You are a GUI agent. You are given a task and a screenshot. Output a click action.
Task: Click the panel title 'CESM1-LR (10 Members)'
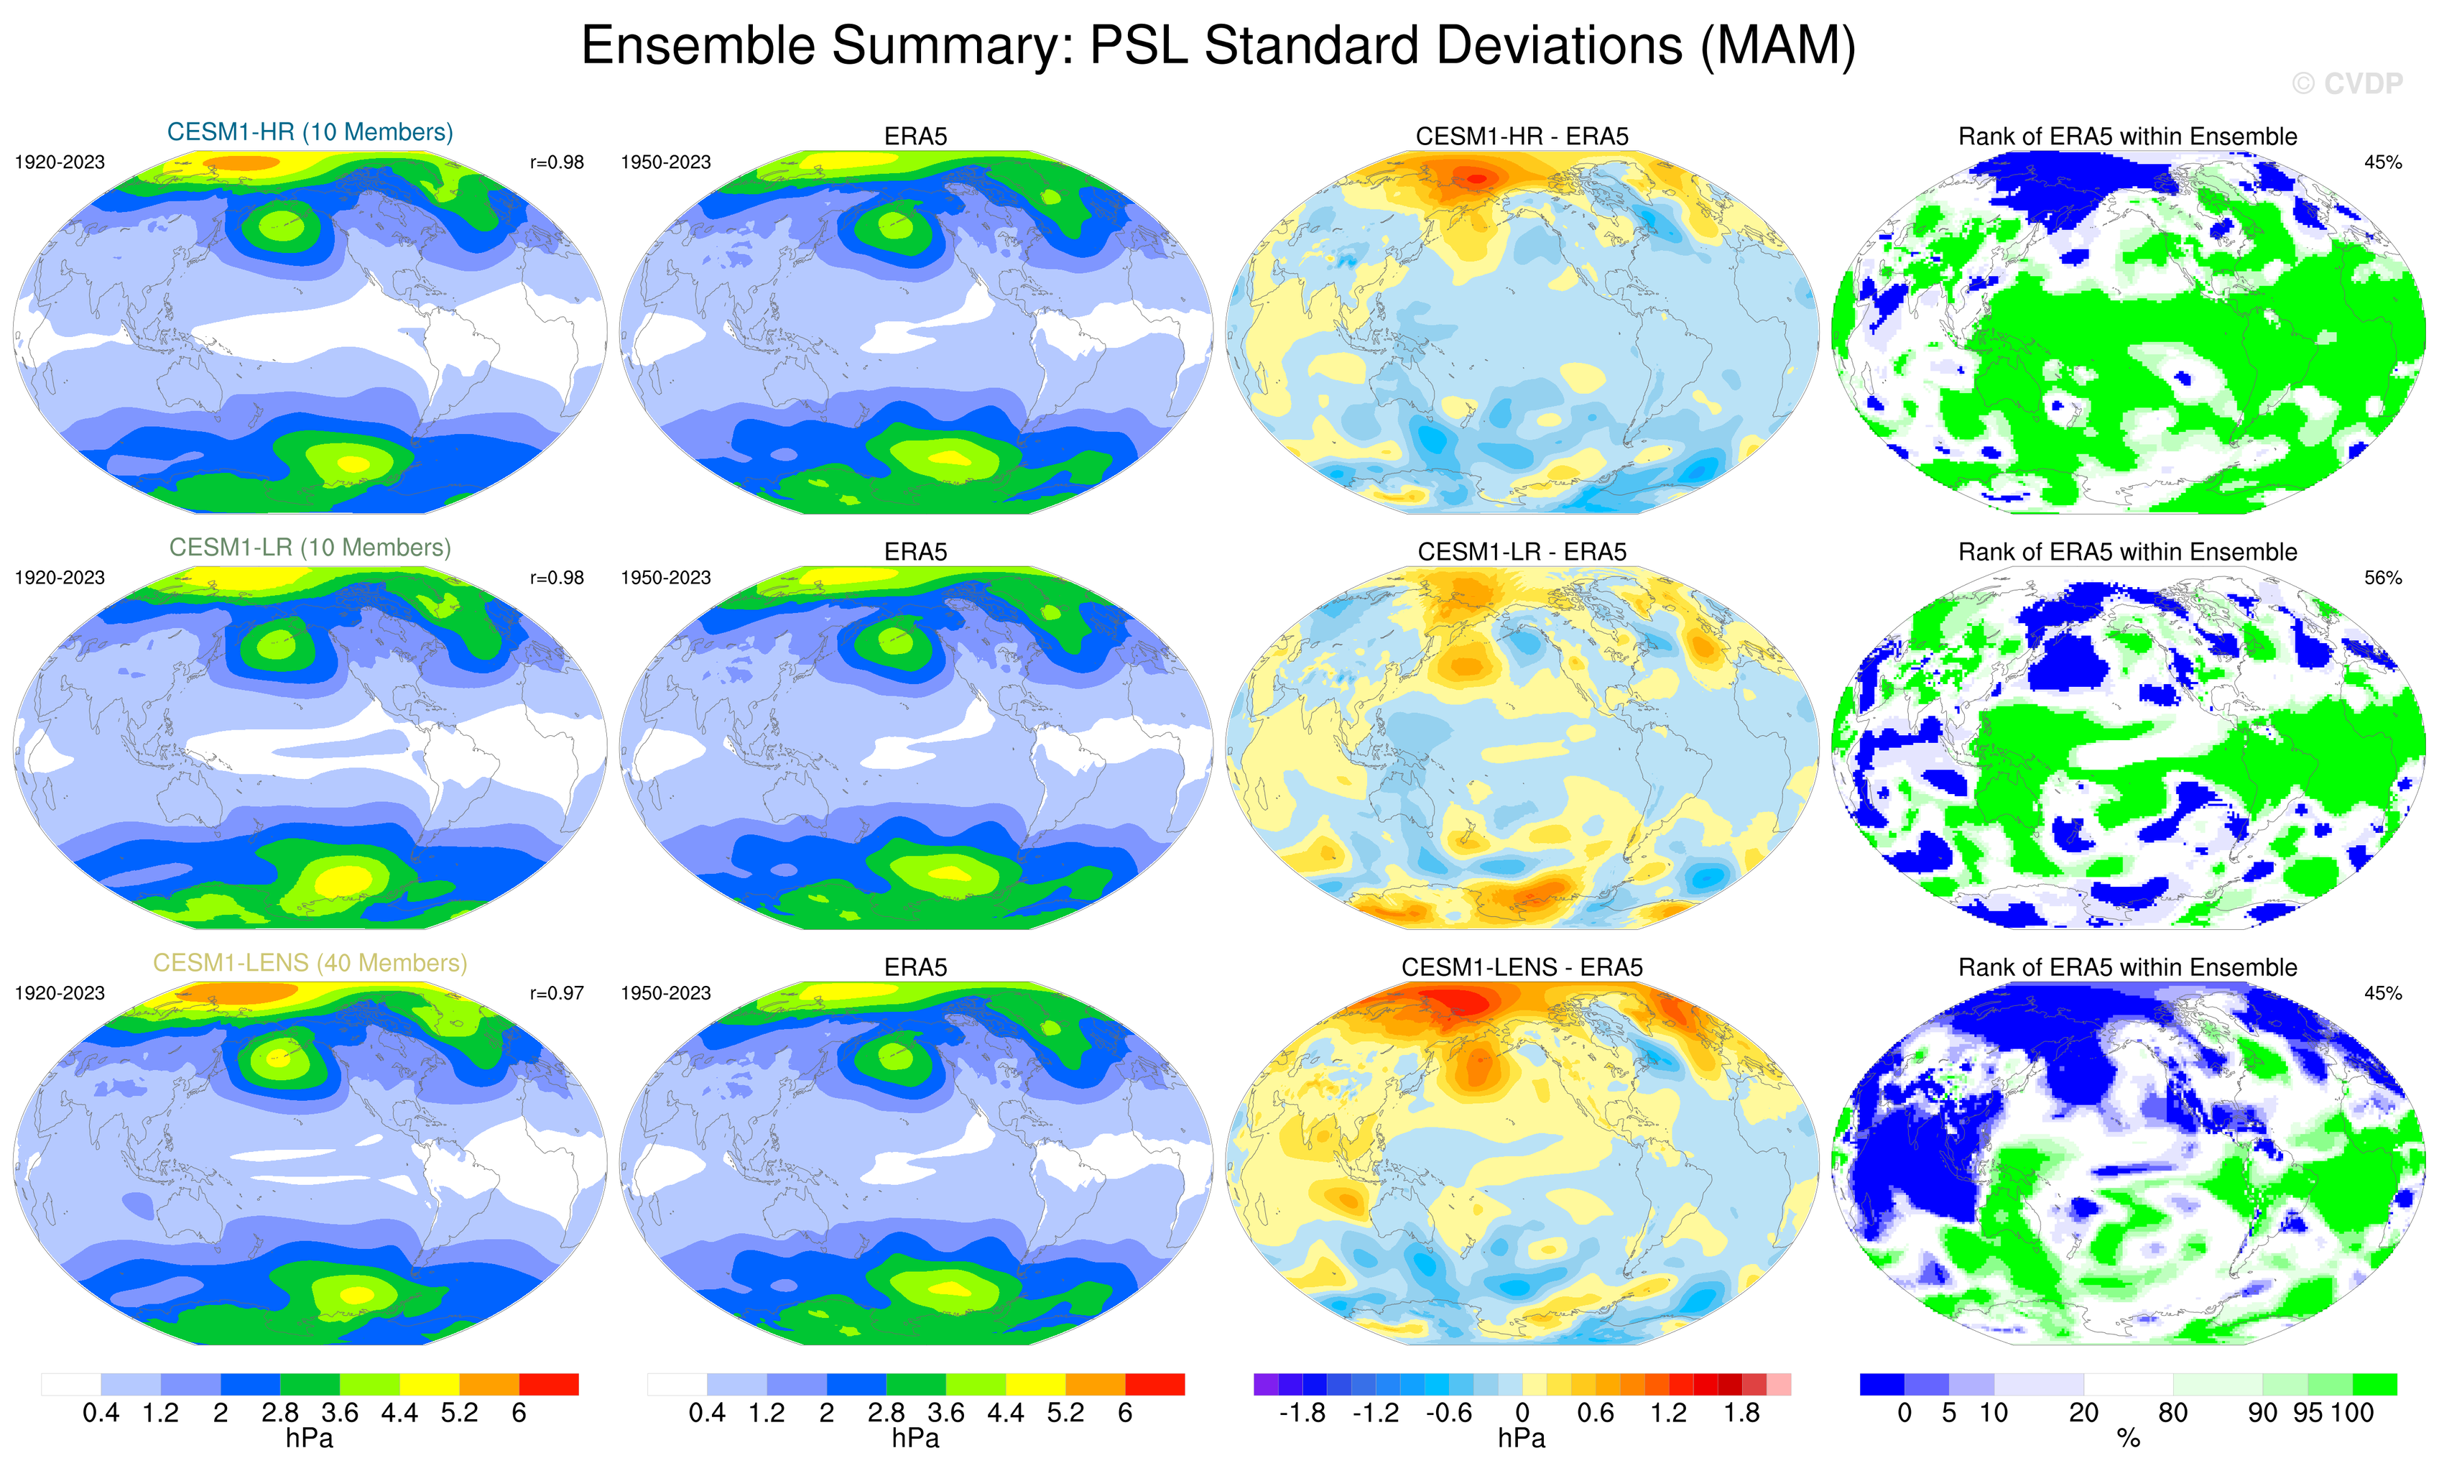tap(310, 548)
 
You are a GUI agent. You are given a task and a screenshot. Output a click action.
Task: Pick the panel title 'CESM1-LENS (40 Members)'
tap(310, 962)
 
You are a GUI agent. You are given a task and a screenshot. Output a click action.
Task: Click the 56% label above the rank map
tap(2382, 577)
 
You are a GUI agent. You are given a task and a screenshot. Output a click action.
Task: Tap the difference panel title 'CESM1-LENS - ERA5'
tap(1522, 967)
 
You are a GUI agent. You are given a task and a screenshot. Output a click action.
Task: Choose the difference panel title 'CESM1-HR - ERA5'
tap(1522, 137)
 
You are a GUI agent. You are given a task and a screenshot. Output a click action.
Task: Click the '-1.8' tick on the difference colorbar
tap(1302, 1414)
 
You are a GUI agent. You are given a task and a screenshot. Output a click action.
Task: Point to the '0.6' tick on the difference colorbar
tap(1596, 1414)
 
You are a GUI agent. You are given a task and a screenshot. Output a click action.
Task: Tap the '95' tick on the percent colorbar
tap(2308, 1414)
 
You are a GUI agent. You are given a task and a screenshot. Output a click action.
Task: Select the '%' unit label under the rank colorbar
tap(2128, 1439)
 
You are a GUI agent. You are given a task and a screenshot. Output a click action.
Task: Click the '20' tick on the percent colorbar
tap(2083, 1414)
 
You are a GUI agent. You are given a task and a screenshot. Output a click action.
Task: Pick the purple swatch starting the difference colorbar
tap(1265, 1384)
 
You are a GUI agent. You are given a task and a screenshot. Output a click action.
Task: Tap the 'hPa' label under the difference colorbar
tap(1522, 1439)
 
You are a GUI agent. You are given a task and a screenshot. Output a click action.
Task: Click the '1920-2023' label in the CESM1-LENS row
tap(60, 993)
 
